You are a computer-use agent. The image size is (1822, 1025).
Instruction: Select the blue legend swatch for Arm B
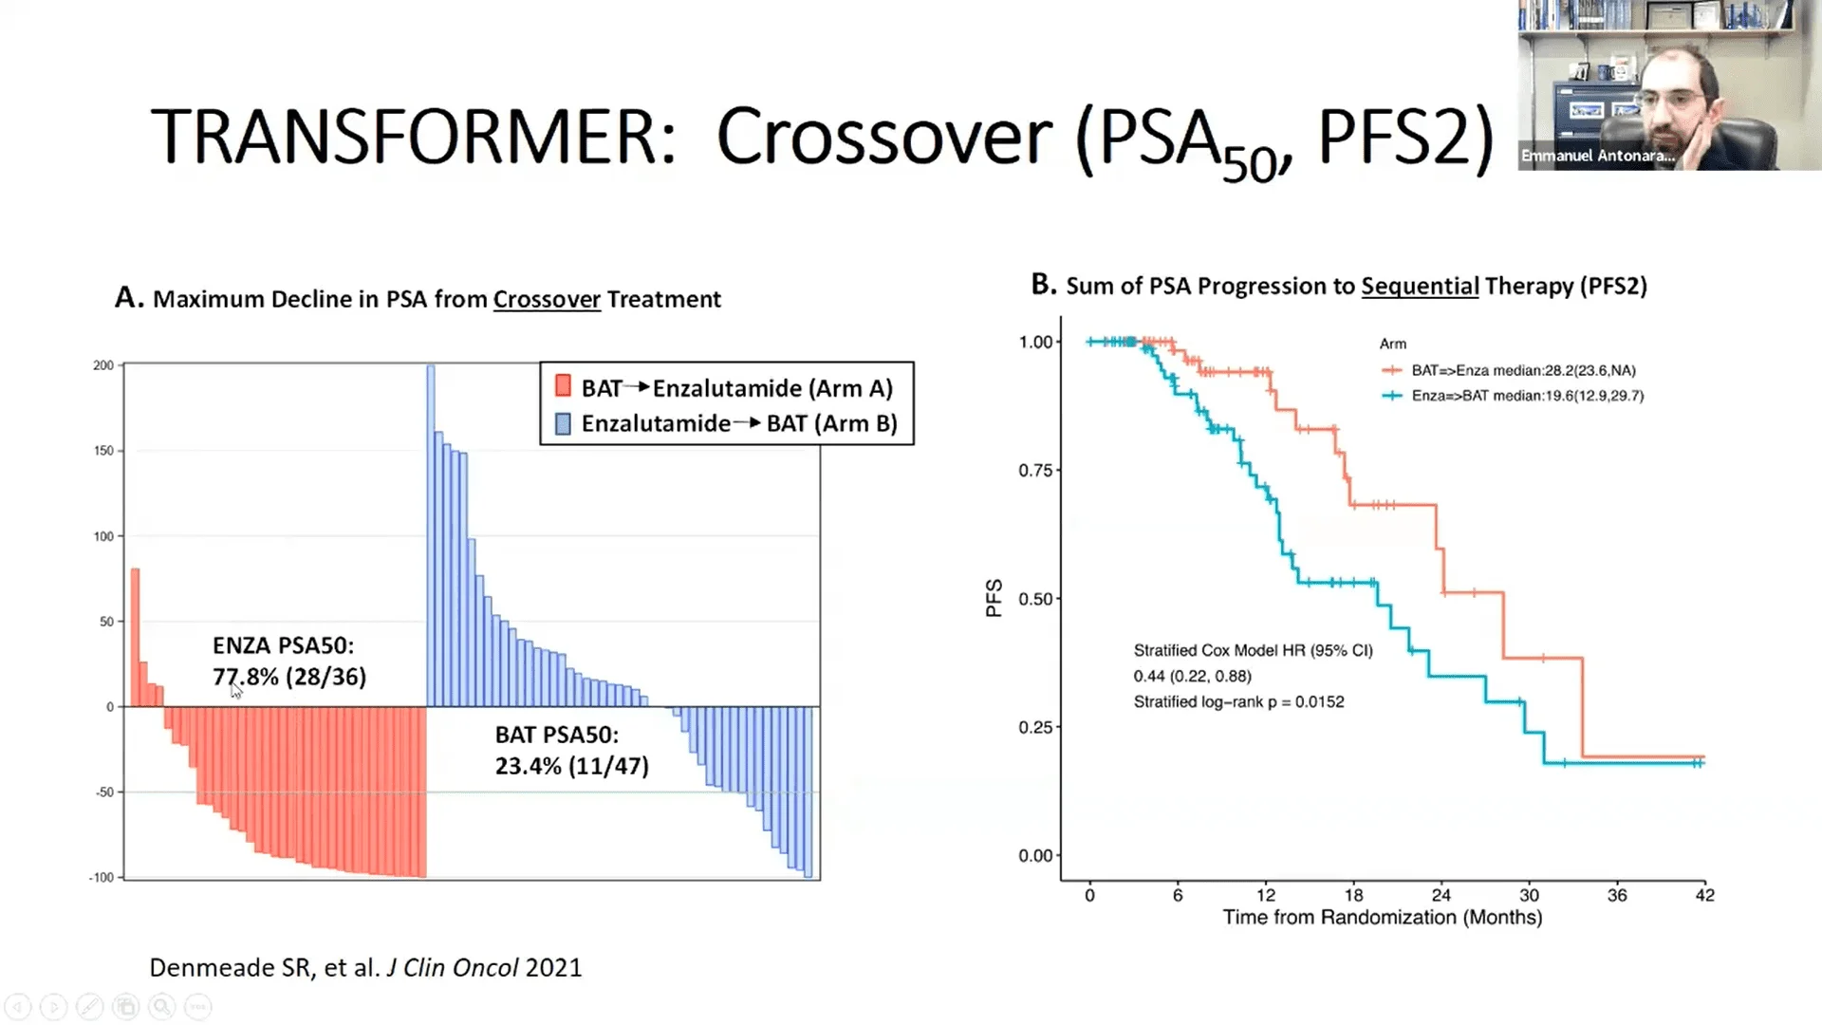pyautogui.click(x=563, y=423)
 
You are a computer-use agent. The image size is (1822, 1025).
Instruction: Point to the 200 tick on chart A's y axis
pyautogui.click(x=103, y=365)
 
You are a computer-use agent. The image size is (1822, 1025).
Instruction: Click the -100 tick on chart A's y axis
pyautogui.click(x=102, y=877)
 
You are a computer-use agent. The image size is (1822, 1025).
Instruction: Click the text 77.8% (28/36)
pyautogui.click(x=289, y=677)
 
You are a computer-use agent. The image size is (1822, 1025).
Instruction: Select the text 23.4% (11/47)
pyautogui.click(x=571, y=766)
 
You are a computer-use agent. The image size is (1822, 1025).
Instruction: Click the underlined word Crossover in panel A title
pyautogui.click(x=547, y=300)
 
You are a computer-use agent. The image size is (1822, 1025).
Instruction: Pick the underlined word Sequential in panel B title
pyautogui.click(x=1420, y=287)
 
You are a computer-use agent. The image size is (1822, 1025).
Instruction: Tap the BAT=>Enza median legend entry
pyautogui.click(x=1522, y=370)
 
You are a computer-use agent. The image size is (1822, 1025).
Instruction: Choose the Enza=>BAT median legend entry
pyautogui.click(x=1526, y=396)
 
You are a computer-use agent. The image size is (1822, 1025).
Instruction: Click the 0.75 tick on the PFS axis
pyautogui.click(x=1035, y=471)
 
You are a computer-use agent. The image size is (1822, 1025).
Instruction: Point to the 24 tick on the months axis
pyautogui.click(x=1441, y=895)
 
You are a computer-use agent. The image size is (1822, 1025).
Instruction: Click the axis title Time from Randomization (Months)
pyautogui.click(x=1382, y=918)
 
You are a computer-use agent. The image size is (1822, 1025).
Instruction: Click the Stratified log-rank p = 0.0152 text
pyautogui.click(x=1238, y=702)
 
